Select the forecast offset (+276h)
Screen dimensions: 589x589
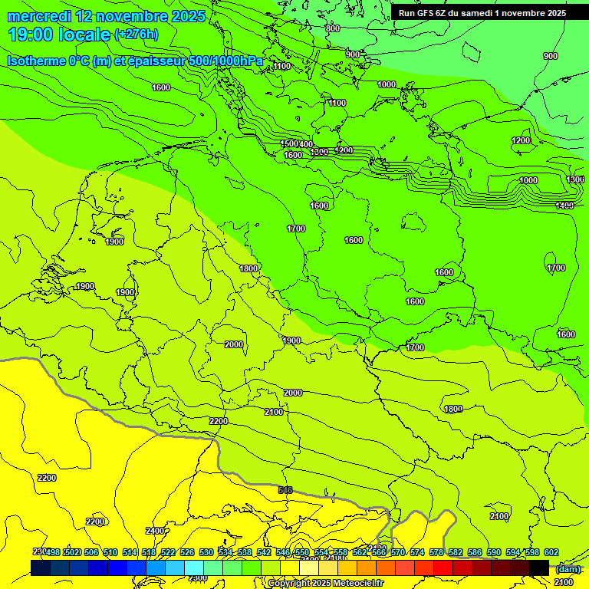tap(136, 35)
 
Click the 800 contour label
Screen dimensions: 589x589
tap(332, 28)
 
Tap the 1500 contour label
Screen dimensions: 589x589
tap(288, 143)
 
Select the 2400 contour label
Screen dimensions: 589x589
tap(154, 531)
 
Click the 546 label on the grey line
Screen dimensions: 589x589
tap(285, 489)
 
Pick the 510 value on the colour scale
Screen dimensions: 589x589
tap(110, 552)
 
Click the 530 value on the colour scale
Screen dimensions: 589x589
tap(206, 552)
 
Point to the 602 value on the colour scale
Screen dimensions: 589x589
tap(551, 552)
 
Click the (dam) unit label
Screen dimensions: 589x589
tap(568, 568)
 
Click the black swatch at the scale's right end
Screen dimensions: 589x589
tap(539, 568)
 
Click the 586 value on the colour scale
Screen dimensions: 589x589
tap(475, 552)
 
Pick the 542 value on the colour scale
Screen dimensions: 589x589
tap(264, 552)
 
